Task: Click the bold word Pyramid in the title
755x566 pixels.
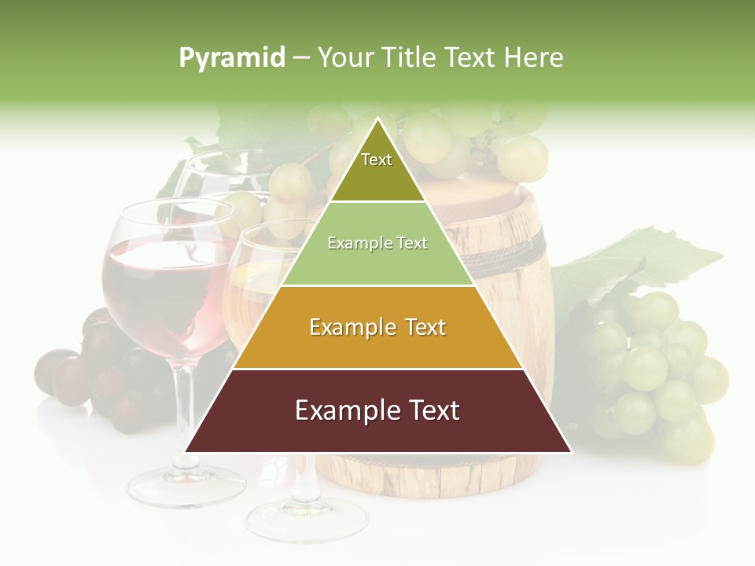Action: click(x=232, y=58)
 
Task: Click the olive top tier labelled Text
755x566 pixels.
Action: click(x=377, y=169)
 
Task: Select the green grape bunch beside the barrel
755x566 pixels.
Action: click(x=653, y=369)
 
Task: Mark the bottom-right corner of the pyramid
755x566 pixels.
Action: click(x=571, y=452)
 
